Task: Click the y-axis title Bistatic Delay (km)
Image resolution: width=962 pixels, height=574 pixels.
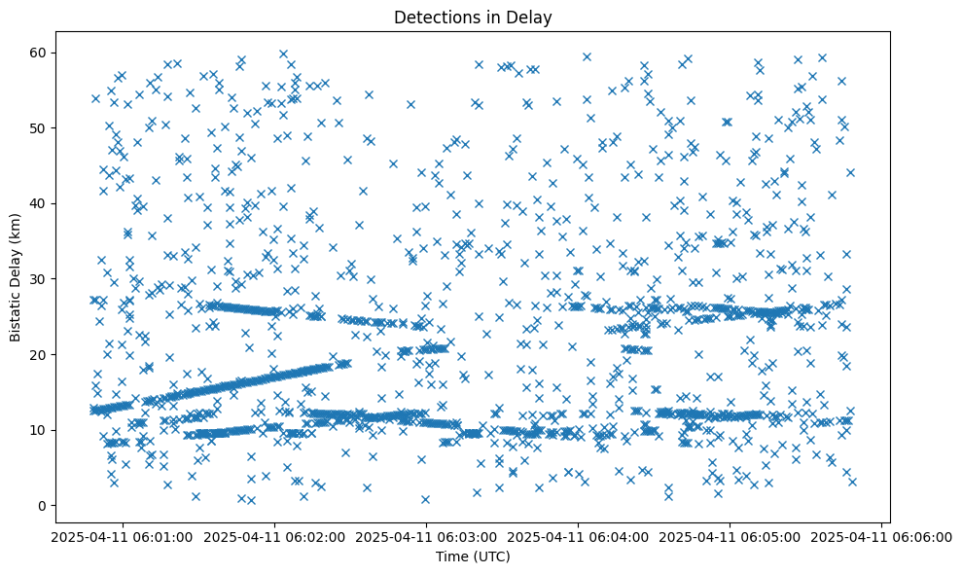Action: coord(17,277)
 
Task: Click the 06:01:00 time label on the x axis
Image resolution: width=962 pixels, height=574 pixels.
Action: coord(123,536)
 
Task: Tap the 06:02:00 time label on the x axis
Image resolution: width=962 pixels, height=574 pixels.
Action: coord(274,536)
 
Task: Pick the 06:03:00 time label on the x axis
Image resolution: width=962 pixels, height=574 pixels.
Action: coord(426,536)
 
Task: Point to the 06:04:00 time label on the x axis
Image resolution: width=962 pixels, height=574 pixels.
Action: coord(578,536)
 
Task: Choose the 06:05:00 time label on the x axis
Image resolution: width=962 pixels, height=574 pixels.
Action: coord(730,536)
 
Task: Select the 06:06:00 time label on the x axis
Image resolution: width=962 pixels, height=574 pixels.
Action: coord(881,536)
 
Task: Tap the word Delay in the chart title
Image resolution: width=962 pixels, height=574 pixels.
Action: coord(529,17)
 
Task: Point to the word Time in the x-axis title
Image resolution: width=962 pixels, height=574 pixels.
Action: coord(449,556)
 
